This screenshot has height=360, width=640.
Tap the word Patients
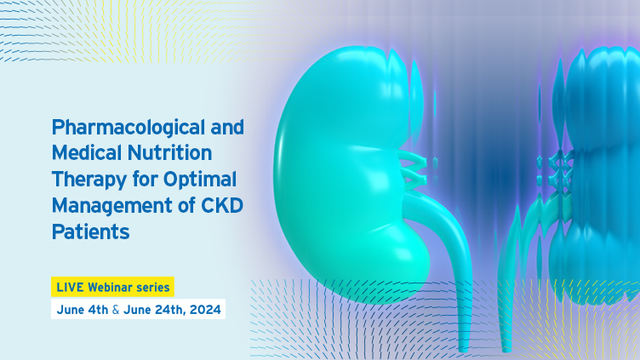click(90, 231)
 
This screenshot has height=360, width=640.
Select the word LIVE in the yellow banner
click(70, 287)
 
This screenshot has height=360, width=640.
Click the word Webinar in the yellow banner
click(110, 287)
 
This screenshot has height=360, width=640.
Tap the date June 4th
click(83, 310)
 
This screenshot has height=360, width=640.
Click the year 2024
click(205, 310)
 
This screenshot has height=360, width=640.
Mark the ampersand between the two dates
click(116, 310)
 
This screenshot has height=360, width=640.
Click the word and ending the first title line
click(227, 128)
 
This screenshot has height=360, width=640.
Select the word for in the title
click(145, 179)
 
